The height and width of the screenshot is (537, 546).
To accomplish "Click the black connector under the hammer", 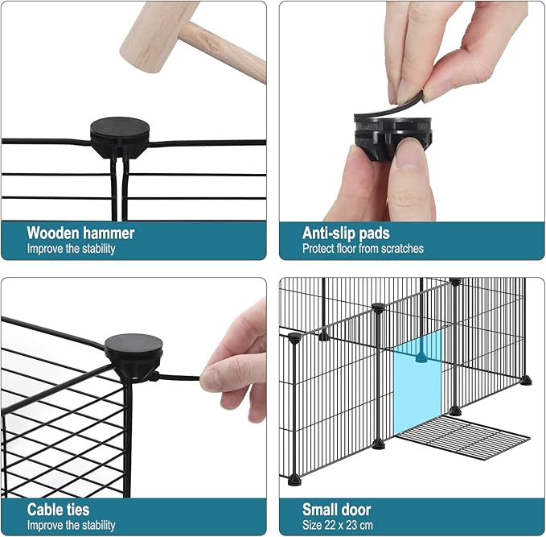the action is tap(120, 137).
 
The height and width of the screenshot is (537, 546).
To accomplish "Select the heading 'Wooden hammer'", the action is tap(80, 233).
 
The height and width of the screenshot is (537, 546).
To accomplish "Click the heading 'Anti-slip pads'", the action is tap(346, 233).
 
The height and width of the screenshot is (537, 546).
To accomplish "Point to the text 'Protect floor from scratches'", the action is tap(363, 249).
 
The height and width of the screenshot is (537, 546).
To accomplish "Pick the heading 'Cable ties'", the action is tap(58, 510).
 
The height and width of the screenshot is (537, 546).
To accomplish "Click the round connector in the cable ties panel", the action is tap(133, 357).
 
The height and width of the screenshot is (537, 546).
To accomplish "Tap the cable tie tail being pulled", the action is tap(179, 378).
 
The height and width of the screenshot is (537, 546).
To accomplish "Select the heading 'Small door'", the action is tap(336, 510).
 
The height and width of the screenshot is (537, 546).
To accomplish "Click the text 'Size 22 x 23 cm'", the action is tap(338, 525).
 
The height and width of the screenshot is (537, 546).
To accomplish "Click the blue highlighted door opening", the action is tap(417, 383).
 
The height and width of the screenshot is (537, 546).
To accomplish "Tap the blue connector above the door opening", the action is tap(421, 357).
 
